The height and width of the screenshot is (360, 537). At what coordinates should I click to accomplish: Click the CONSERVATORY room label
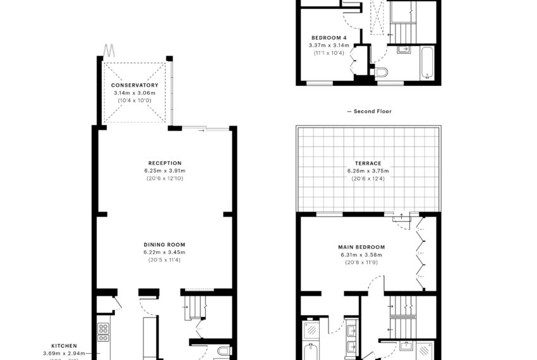pos(135,85)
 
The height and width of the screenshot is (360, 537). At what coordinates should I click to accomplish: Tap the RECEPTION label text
pos(165,163)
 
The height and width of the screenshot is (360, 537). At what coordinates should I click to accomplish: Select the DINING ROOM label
pos(165,244)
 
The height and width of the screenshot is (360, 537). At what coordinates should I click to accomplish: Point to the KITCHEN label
pos(64,345)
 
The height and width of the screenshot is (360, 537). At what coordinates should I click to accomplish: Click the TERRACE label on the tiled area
pos(368,163)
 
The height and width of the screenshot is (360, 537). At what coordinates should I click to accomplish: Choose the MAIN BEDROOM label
pos(361,247)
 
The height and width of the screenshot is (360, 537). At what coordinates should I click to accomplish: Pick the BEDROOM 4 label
pos(328,38)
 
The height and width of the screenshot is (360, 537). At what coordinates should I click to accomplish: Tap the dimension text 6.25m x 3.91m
pos(165,171)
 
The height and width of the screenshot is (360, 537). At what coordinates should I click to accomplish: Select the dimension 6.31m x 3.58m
pos(361,255)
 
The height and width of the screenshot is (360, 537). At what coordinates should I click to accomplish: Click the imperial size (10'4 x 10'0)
pos(135,100)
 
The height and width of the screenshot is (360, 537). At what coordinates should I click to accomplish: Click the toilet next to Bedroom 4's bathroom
pos(381,73)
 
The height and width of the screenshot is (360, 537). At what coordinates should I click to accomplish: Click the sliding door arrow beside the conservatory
pos(202,131)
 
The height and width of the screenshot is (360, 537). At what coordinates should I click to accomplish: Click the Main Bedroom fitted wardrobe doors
pos(419,253)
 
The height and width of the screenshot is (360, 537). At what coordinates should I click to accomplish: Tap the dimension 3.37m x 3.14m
pos(328,45)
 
